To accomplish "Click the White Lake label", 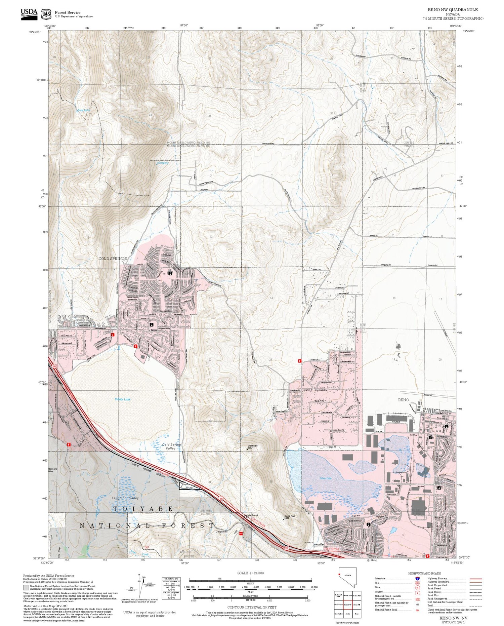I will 123,399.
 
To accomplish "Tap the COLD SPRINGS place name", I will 113,259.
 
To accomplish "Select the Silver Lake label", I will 326,478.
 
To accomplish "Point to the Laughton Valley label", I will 125,498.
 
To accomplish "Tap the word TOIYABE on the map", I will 143,509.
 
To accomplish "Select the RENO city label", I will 404,400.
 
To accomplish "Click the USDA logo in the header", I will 29,14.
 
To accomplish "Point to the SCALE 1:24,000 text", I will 250,573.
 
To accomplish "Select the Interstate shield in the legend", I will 417,578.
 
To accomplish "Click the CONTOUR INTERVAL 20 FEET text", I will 252,607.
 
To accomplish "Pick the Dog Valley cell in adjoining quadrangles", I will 338,614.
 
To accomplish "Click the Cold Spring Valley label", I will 171,446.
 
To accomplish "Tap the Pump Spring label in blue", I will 84,110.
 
